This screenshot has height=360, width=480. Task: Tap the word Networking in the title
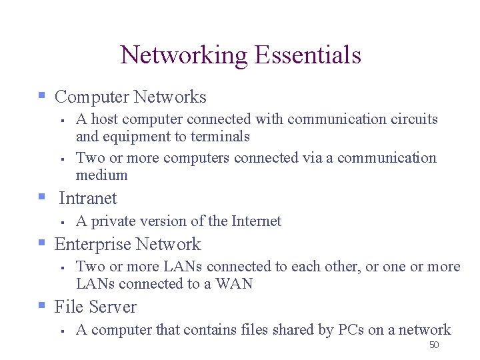[183, 55]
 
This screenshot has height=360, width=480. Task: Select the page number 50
[433, 345]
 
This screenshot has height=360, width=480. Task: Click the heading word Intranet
[87, 199]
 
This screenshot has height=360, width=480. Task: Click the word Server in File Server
[112, 307]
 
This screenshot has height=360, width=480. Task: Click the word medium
[101, 175]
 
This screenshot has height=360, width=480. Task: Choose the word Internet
[256, 221]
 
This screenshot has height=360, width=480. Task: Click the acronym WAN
[237, 284]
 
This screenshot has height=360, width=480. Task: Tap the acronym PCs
[351, 330]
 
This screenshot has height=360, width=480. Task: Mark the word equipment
[131, 137]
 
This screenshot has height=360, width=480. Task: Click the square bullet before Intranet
[42, 198]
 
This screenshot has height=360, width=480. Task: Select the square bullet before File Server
[42, 307]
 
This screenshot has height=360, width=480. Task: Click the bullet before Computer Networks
[42, 97]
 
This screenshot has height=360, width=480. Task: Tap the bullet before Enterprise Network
[42, 244]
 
